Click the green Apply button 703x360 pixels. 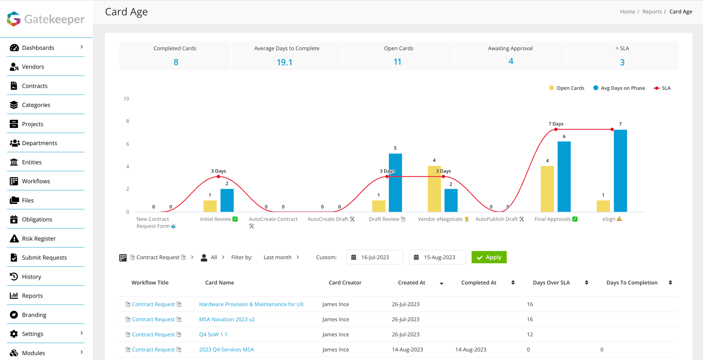point(489,257)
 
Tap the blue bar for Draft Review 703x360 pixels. point(395,183)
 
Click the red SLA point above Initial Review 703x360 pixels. point(218,177)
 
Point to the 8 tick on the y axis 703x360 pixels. point(127,121)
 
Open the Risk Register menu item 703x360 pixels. point(39,238)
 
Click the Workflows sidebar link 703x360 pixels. point(36,181)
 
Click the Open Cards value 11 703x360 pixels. point(397,62)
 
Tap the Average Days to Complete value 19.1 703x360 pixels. point(284,62)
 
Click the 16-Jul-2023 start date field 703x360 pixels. point(375,257)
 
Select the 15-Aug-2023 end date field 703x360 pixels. point(437,257)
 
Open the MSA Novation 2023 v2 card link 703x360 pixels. point(226,319)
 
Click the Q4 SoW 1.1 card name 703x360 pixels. point(213,334)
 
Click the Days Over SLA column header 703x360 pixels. point(551,282)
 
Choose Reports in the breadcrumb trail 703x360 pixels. point(652,11)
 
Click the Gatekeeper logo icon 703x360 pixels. point(14,19)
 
